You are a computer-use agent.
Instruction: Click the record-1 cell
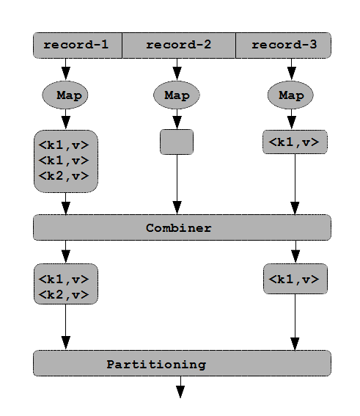(78, 45)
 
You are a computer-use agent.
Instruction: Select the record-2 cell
(179, 45)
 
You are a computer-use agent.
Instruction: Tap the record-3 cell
(284, 45)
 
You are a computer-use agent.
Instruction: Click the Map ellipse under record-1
(65, 95)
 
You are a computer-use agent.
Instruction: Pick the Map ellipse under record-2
(177, 95)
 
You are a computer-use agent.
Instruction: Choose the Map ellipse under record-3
(290, 95)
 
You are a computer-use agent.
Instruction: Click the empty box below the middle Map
(177, 142)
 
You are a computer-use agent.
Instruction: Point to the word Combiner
(179, 228)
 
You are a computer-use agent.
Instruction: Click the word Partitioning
(156, 365)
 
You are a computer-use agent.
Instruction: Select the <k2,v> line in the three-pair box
(64, 176)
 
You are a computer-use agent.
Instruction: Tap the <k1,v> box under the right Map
(295, 142)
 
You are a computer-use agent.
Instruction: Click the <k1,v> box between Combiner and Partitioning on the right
(295, 279)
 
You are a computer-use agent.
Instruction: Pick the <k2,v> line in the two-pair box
(64, 295)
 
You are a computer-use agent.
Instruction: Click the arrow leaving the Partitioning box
(180, 387)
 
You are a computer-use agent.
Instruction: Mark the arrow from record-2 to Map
(177, 69)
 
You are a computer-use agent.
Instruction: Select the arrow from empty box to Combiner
(177, 184)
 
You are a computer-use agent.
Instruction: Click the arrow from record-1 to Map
(66, 69)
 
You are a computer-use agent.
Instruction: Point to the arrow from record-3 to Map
(292, 69)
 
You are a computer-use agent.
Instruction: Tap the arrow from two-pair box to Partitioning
(66, 327)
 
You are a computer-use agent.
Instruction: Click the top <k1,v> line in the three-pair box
(64, 145)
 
